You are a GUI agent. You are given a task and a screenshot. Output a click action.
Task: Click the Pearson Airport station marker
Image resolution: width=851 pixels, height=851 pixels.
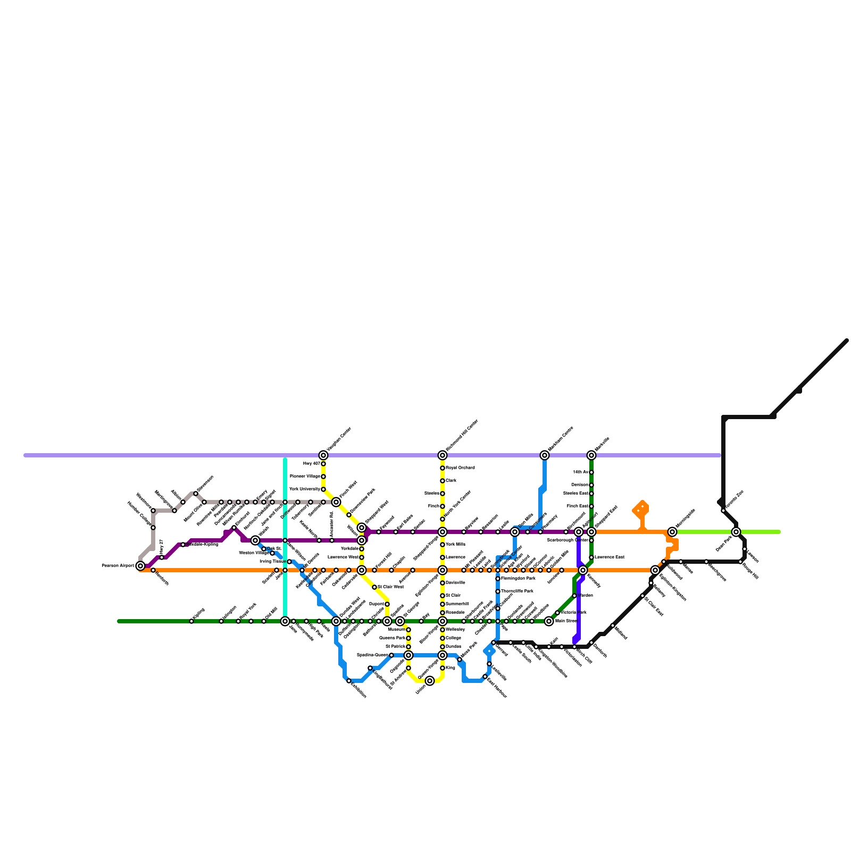[140, 566]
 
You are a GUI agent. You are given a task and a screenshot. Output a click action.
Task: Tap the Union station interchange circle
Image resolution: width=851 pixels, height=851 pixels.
[430, 681]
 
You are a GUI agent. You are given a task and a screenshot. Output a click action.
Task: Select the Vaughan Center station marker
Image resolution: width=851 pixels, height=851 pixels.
[323, 455]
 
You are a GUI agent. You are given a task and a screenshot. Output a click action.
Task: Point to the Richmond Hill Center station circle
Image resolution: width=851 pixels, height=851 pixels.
[443, 455]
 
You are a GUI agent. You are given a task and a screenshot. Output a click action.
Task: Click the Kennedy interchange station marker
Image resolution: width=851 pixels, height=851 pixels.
[583, 570]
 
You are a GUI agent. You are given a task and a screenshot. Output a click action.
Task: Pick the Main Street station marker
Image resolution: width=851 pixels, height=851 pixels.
[549, 621]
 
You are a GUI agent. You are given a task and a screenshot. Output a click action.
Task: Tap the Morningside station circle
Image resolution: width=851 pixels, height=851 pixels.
[672, 532]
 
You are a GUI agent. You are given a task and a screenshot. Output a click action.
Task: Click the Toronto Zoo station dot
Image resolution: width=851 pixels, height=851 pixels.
[723, 511]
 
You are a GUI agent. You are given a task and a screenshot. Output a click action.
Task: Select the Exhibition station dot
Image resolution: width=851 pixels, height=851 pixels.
[349, 681]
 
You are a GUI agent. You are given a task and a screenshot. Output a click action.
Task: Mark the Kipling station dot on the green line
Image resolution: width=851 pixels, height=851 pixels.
[191, 621]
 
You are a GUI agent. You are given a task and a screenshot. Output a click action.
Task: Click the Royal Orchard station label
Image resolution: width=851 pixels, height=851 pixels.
[461, 468]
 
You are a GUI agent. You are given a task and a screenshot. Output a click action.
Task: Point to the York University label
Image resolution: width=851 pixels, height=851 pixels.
[305, 489]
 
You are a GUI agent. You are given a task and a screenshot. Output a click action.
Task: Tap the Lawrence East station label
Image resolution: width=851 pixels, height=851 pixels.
[610, 557]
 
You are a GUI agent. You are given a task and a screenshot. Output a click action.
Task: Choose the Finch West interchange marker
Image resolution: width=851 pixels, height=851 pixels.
[336, 502]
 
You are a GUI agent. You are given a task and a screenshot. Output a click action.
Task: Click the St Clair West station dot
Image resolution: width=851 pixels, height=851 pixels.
[374, 587]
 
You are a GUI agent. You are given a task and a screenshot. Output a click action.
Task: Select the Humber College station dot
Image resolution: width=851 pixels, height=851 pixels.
[153, 528]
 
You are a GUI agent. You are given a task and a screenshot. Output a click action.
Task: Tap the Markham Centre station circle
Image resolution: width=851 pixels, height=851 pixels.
[545, 455]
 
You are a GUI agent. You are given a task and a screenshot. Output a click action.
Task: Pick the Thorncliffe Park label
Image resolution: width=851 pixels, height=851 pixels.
[517, 591]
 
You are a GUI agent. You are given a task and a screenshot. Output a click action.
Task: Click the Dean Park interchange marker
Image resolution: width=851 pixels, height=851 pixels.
[736, 532]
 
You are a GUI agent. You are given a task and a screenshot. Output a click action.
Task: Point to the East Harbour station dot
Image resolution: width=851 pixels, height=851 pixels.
[485, 677]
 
